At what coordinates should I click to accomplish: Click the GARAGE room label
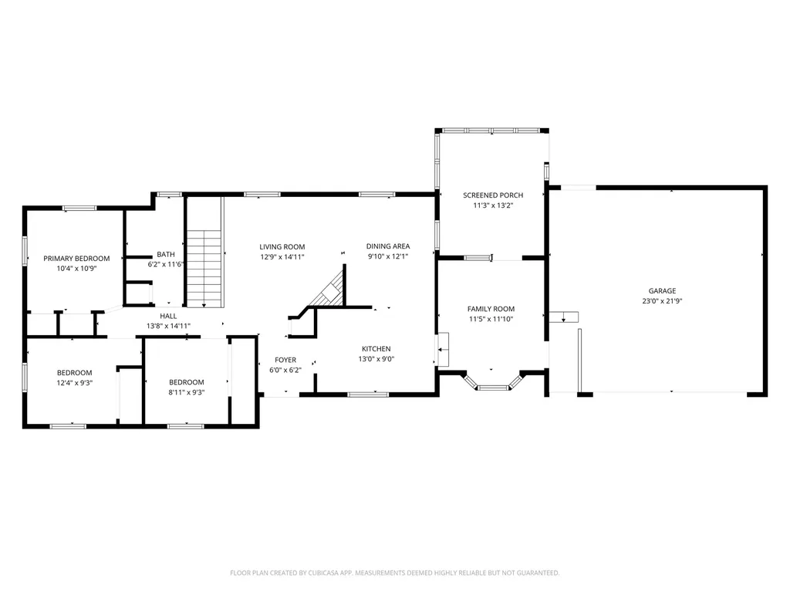point(662,290)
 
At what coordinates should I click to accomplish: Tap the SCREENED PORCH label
point(493,195)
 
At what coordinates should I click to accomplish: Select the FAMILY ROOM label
point(491,309)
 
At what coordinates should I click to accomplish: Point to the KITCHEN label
point(376,348)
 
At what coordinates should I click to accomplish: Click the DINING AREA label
point(388,246)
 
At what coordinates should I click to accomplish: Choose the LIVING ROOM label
point(282,246)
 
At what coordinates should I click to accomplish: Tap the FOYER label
point(285,360)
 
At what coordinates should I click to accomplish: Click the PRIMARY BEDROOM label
point(76,258)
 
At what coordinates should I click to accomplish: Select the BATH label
point(166,254)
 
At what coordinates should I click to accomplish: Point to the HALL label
point(168,316)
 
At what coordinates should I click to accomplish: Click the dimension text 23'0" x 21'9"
point(662,301)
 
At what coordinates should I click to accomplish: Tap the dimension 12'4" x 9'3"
point(75,383)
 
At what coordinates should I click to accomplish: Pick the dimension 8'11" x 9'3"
point(187,392)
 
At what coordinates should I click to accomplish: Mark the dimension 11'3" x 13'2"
point(493,205)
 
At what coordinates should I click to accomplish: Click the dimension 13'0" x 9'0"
point(376,359)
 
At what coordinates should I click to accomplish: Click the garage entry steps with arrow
point(563,317)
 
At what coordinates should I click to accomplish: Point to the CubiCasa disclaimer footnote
point(394,573)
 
